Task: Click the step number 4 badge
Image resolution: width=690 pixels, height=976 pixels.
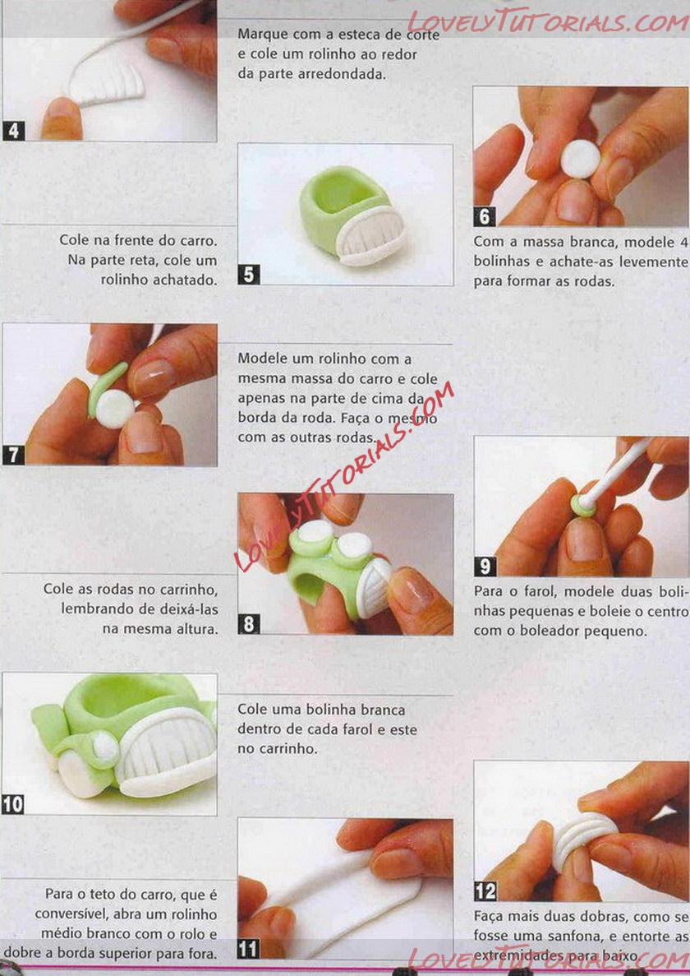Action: pyautogui.click(x=14, y=131)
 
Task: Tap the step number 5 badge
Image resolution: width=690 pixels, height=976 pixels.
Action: pyautogui.click(x=249, y=275)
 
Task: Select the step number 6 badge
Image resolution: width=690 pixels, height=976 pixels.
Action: pyautogui.click(x=485, y=216)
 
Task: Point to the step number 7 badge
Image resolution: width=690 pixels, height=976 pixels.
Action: pyautogui.click(x=14, y=455)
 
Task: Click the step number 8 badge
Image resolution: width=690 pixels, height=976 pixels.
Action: pyautogui.click(x=249, y=624)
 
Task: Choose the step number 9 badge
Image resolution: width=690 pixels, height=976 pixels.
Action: pyautogui.click(x=485, y=566)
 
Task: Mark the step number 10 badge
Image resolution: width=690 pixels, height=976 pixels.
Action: pyautogui.click(x=12, y=804)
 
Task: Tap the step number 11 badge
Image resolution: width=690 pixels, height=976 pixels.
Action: pyautogui.click(x=249, y=949)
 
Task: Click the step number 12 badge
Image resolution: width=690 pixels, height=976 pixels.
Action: pyautogui.click(x=485, y=891)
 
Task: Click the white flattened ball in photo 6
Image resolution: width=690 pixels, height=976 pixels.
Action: pyautogui.click(x=580, y=160)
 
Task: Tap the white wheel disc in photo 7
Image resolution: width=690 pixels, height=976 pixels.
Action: pyautogui.click(x=115, y=409)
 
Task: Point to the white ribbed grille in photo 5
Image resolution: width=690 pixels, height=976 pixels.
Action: pyautogui.click(x=371, y=234)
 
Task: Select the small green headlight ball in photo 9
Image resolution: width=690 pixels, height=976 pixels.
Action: pyautogui.click(x=583, y=506)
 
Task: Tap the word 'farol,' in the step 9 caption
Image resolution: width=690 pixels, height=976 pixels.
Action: pyautogui.click(x=538, y=590)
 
